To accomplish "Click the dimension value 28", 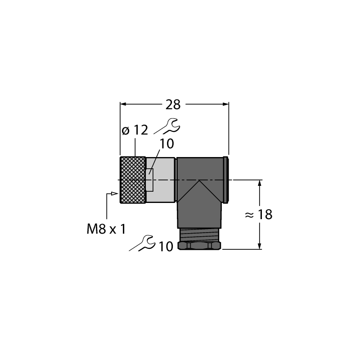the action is click(173, 105).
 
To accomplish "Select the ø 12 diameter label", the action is click(135, 130).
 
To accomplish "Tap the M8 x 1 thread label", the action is click(107, 229).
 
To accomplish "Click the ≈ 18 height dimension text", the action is click(258, 215).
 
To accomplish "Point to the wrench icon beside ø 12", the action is click(167, 126).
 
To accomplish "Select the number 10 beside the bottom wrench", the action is click(166, 247).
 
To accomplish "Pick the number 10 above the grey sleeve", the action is click(166, 144).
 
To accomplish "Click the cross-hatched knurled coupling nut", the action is click(133, 180).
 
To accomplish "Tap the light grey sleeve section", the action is click(161, 180).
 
